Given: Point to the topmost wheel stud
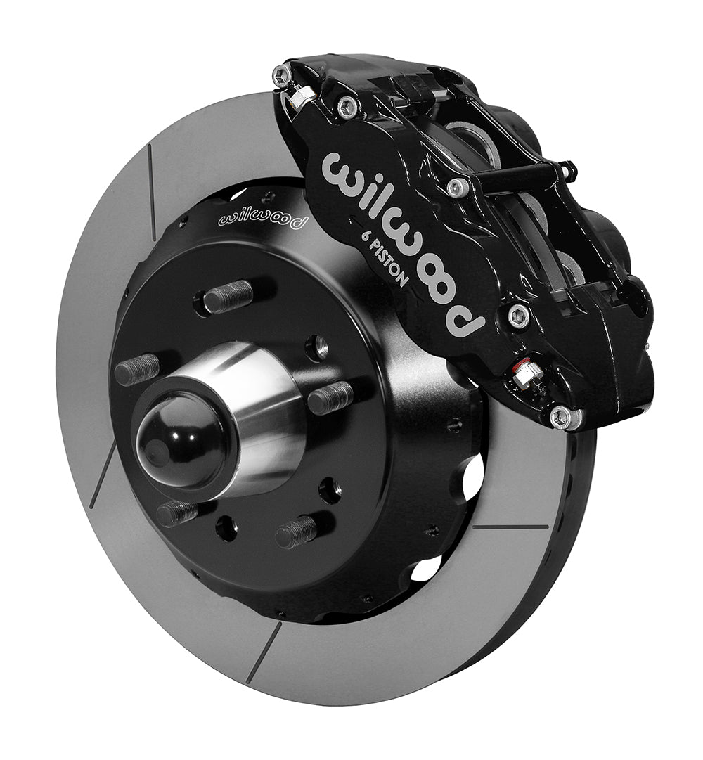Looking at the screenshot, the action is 228,296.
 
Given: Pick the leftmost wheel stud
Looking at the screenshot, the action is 137,369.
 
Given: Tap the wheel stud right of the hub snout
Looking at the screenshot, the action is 331,397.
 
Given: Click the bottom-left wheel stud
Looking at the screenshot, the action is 177,513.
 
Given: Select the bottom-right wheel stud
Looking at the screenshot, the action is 296,532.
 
